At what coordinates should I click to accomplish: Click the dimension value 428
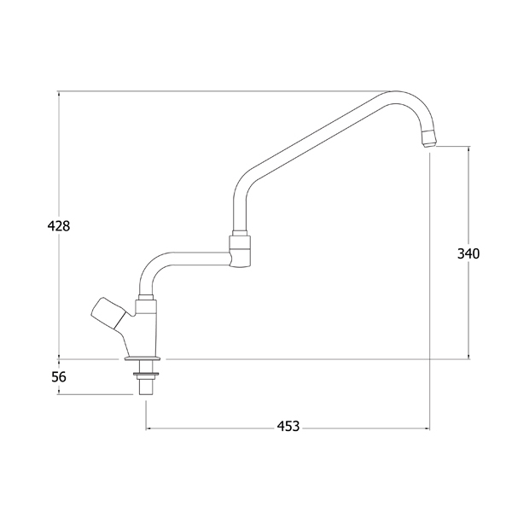59,225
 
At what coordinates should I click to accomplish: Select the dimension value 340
468,253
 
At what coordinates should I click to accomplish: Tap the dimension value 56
59,377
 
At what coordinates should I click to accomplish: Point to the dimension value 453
288,426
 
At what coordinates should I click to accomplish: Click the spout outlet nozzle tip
428,139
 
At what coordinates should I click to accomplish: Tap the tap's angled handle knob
108,313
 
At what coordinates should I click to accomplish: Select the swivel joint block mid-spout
240,251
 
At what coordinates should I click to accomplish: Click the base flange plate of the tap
143,359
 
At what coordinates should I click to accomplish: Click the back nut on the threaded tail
146,375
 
